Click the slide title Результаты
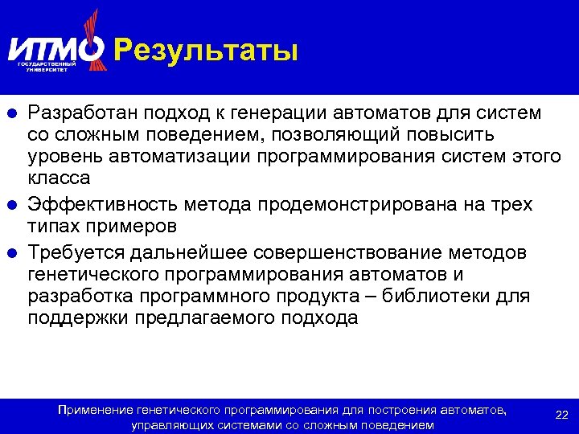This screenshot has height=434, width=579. pyautogui.click(x=206, y=51)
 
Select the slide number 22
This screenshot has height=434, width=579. pyautogui.click(x=562, y=415)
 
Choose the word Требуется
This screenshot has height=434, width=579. pyautogui.click(x=76, y=253)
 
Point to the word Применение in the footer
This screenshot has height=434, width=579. pyautogui.click(x=93, y=411)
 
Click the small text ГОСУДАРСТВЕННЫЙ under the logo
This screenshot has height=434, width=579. pyautogui.click(x=47, y=63)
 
